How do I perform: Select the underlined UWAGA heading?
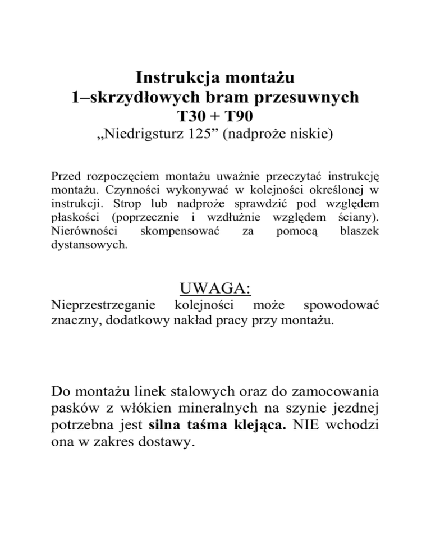[x=215, y=290]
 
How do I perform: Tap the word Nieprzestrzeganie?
[x=103, y=307]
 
